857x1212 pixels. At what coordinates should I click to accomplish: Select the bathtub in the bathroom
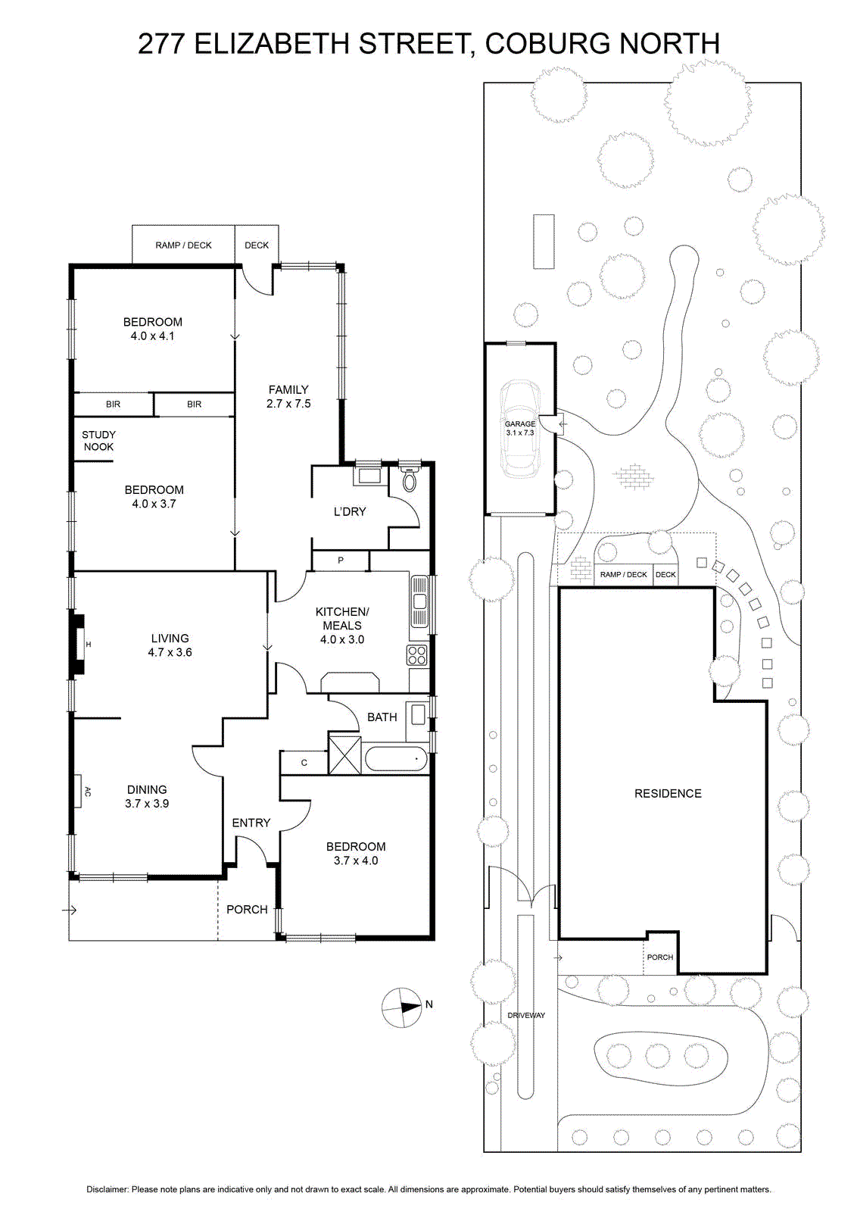click(397, 759)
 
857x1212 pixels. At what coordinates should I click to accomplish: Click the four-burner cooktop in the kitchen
click(418, 655)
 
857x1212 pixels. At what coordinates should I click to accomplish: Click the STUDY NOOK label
click(98, 440)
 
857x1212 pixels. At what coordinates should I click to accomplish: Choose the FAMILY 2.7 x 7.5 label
click(288, 396)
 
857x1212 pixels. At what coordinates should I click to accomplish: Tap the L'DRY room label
click(350, 511)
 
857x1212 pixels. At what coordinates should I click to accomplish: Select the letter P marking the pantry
click(341, 561)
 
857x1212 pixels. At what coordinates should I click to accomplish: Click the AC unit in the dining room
click(79, 792)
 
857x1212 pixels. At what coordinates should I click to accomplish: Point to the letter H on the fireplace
click(89, 645)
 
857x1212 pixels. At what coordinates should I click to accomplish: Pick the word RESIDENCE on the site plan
click(668, 793)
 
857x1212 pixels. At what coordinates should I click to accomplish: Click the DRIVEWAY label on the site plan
click(526, 1015)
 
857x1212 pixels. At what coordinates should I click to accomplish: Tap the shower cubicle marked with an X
click(344, 754)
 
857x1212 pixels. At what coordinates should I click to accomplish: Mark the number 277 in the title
click(162, 44)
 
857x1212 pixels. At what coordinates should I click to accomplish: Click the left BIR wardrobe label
click(113, 405)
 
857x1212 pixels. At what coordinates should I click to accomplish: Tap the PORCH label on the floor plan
click(247, 910)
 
